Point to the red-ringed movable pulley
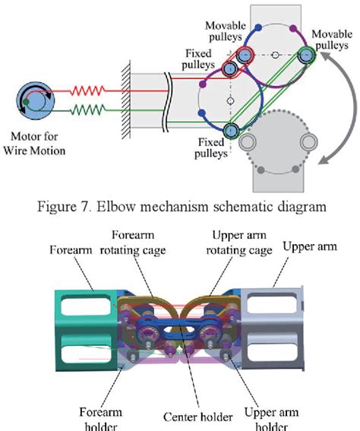click(245, 55)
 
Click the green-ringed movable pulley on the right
click(306, 55)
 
